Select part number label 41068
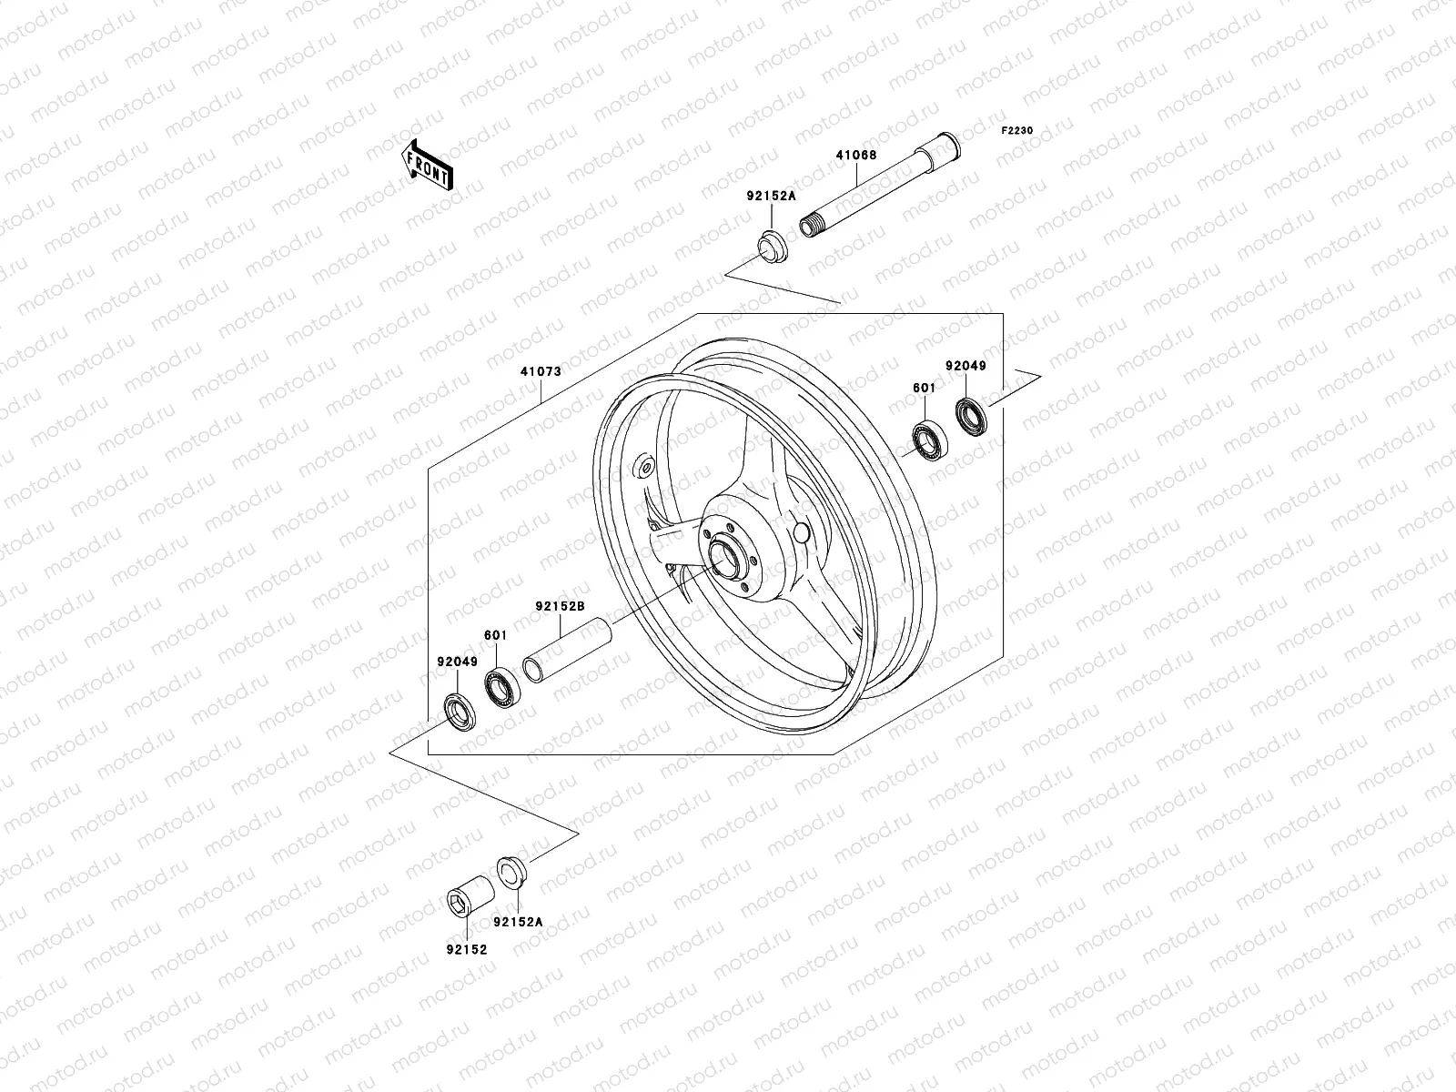(881, 155)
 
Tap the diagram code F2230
(1017, 131)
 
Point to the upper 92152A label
(772, 196)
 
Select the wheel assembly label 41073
(541, 371)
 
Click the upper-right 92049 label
(966, 366)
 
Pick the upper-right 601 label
(924, 389)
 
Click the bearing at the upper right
(931, 442)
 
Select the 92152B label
(559, 605)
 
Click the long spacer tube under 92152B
(566, 648)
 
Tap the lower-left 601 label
(495, 635)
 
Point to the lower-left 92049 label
(457, 662)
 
